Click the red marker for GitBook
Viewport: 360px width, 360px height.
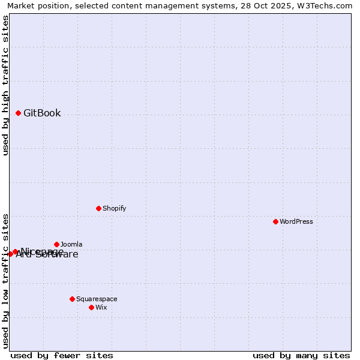[x=18, y=113]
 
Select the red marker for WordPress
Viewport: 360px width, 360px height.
[x=275, y=221]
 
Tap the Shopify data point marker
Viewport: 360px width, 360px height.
[x=98, y=208]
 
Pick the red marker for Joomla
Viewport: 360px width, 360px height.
[x=56, y=244]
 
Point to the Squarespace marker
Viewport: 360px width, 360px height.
[x=72, y=299]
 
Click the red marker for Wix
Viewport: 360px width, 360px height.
[x=91, y=307]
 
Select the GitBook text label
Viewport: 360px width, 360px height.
[x=42, y=113]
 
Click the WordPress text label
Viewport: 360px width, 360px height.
[x=296, y=221]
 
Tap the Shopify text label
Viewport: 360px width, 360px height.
[x=114, y=208]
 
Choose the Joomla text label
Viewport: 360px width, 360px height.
[x=71, y=244]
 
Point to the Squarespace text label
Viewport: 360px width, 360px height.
[x=97, y=299]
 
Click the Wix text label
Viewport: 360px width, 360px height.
[x=101, y=307]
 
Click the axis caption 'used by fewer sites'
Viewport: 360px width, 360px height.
[x=62, y=355]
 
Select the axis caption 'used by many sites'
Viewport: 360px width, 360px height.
[x=301, y=355]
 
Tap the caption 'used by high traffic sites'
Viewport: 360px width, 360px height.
[x=5, y=85]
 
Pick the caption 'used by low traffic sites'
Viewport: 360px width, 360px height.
[x=5, y=281]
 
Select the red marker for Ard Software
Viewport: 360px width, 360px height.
[x=10, y=254]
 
